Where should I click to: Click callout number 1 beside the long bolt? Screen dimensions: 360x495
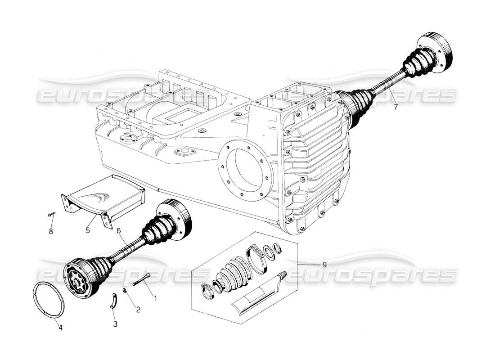click(x=156, y=297)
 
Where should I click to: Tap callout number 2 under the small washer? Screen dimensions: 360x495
click(x=138, y=309)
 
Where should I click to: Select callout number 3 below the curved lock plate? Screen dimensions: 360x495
click(x=116, y=324)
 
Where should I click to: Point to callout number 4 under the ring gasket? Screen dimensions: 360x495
click(x=60, y=328)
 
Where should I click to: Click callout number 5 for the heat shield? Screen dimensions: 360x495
click(x=88, y=230)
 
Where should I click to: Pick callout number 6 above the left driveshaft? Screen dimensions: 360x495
click(x=119, y=230)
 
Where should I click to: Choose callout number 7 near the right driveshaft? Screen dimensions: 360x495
click(x=396, y=107)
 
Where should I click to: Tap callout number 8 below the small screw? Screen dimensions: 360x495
click(x=51, y=232)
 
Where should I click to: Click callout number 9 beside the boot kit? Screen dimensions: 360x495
click(x=324, y=265)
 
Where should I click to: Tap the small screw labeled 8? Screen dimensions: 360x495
click(x=51, y=215)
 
